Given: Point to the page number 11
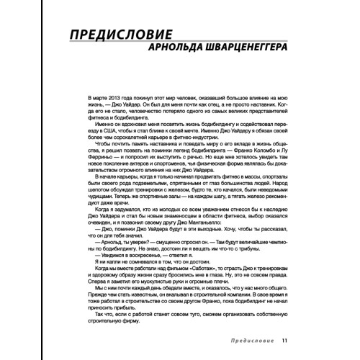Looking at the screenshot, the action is pyautogui.click(x=284, y=341).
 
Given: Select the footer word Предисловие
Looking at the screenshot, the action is pyautogui.click(x=246, y=341).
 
